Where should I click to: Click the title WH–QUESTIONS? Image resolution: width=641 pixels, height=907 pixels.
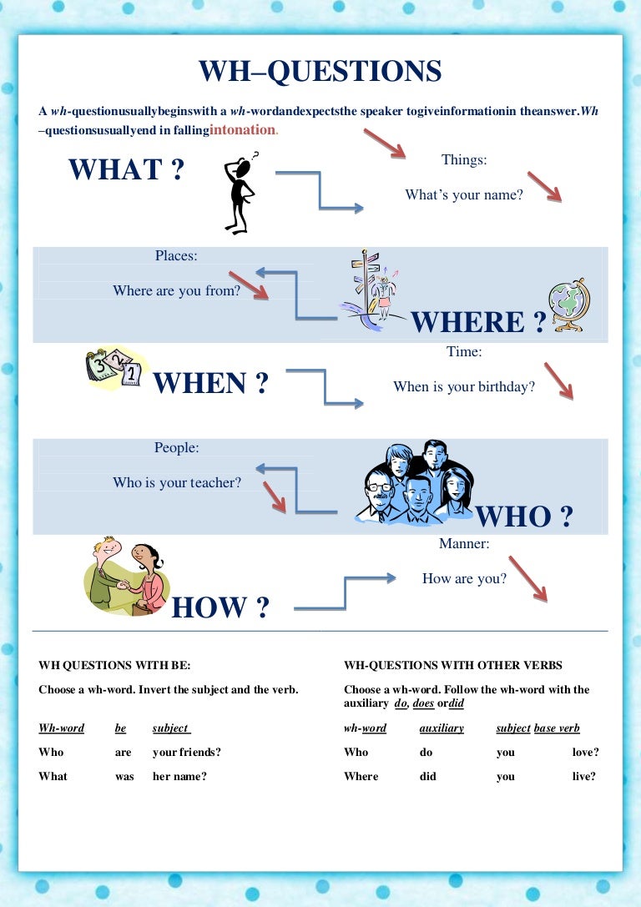tap(320, 72)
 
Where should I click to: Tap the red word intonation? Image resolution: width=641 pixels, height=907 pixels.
tap(243, 129)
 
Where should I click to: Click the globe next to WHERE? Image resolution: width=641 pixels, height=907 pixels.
tap(569, 305)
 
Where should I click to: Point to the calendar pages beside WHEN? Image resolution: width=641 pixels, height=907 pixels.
tap(114, 367)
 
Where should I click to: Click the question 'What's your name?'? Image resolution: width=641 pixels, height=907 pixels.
tap(464, 195)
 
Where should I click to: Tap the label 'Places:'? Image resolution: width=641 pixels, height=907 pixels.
tap(176, 255)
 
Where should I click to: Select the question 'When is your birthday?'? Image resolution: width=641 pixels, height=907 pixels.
tap(464, 386)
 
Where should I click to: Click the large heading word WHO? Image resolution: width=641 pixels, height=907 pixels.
tap(513, 516)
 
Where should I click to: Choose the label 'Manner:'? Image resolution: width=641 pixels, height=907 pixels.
tap(464, 543)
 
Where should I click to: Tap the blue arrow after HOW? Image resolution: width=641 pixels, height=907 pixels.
tap(345, 593)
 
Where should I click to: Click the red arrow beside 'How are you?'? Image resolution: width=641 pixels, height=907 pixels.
tap(527, 579)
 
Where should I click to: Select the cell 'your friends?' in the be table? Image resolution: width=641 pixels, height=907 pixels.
tap(187, 752)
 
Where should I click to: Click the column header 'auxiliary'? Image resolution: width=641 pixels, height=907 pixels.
tap(442, 728)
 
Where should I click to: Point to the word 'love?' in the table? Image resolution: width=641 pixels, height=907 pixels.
tap(585, 752)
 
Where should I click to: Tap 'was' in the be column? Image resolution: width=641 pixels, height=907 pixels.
tap(124, 776)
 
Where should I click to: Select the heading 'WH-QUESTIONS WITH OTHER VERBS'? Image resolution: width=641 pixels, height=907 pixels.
tap(453, 665)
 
